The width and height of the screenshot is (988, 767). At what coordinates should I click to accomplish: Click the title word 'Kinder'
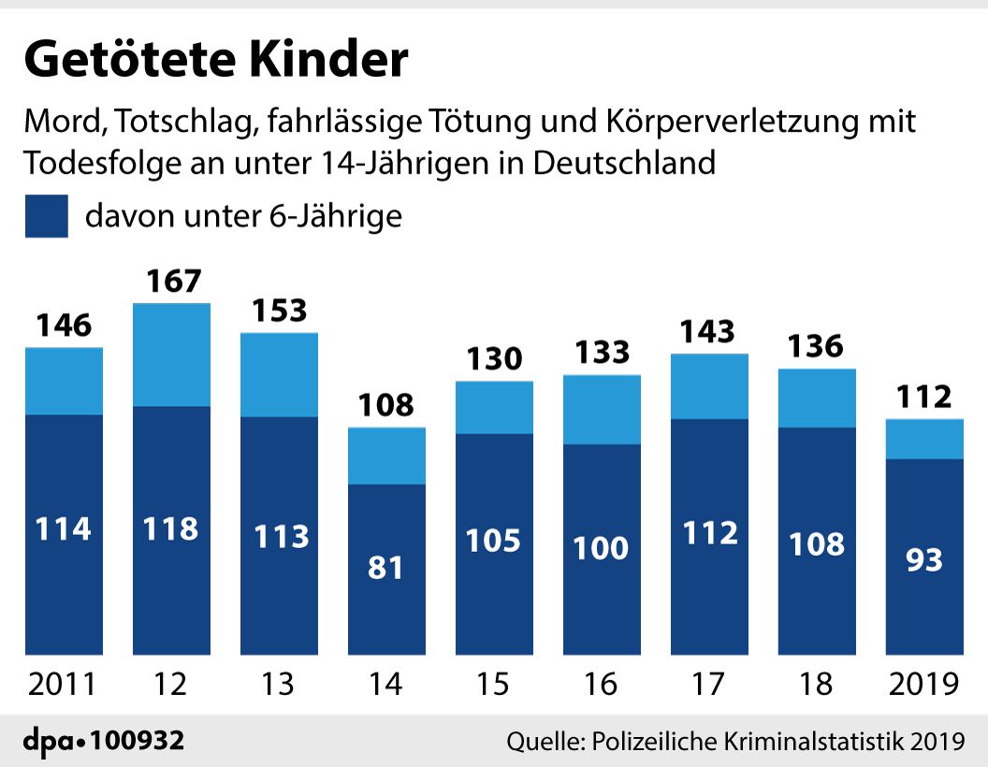(x=327, y=59)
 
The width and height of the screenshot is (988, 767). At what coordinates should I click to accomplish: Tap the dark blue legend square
(x=47, y=216)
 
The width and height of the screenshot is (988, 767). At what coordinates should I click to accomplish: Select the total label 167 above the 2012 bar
(x=174, y=281)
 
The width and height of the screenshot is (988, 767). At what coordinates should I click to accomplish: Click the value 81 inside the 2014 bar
(x=385, y=568)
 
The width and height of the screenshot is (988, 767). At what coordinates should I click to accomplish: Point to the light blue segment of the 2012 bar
(x=171, y=355)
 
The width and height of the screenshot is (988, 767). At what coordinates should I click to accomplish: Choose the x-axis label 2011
(x=62, y=684)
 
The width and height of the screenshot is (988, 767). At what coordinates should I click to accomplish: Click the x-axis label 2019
(x=923, y=684)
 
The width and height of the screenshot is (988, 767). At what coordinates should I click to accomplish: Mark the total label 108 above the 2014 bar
(x=386, y=404)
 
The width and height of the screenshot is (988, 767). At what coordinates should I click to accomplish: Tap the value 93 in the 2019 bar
(x=924, y=559)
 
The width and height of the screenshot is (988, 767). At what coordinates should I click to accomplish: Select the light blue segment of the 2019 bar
(x=924, y=439)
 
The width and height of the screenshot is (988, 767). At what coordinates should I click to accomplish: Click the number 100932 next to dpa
(x=138, y=740)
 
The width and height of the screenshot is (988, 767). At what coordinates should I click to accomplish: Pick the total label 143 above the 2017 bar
(x=707, y=331)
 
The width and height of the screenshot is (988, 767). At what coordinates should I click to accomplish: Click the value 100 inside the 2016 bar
(x=601, y=547)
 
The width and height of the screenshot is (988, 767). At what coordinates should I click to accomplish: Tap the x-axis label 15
(x=493, y=684)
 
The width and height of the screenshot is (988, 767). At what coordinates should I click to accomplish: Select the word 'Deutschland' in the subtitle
(x=624, y=163)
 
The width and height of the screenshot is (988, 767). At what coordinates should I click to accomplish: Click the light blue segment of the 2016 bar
(x=602, y=410)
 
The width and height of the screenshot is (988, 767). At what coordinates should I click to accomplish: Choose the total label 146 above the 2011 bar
(x=64, y=325)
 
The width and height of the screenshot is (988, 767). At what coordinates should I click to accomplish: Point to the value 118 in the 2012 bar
(x=171, y=528)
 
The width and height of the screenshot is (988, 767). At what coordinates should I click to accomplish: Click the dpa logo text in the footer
(x=49, y=741)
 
